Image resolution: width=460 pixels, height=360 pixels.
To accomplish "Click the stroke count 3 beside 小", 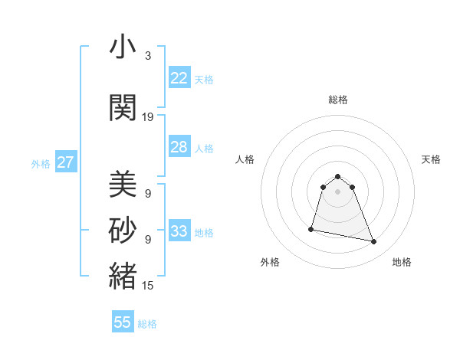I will pos(147,56).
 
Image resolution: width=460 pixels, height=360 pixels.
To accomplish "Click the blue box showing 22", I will pos(179,78).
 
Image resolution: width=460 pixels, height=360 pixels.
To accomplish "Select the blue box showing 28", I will pos(179,147).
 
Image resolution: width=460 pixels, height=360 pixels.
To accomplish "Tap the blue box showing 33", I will pos(179,231).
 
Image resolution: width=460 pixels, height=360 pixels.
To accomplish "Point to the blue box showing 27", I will pos(65,162).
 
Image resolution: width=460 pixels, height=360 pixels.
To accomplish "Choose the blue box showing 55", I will pos(123,322).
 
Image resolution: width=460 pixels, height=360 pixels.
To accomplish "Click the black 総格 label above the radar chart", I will pos(338,100).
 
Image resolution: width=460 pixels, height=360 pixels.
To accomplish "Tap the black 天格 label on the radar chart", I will pos(431,159).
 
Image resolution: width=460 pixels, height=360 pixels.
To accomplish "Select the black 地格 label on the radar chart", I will pos(402,262).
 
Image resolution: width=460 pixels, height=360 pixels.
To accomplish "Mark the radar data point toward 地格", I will pos(374,242).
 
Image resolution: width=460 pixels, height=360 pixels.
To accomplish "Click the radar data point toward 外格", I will pos(311,229).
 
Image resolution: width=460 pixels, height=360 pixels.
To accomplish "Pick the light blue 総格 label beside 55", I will pos(147,324).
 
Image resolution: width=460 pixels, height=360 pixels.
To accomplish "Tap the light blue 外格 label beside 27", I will pos(41,163).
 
